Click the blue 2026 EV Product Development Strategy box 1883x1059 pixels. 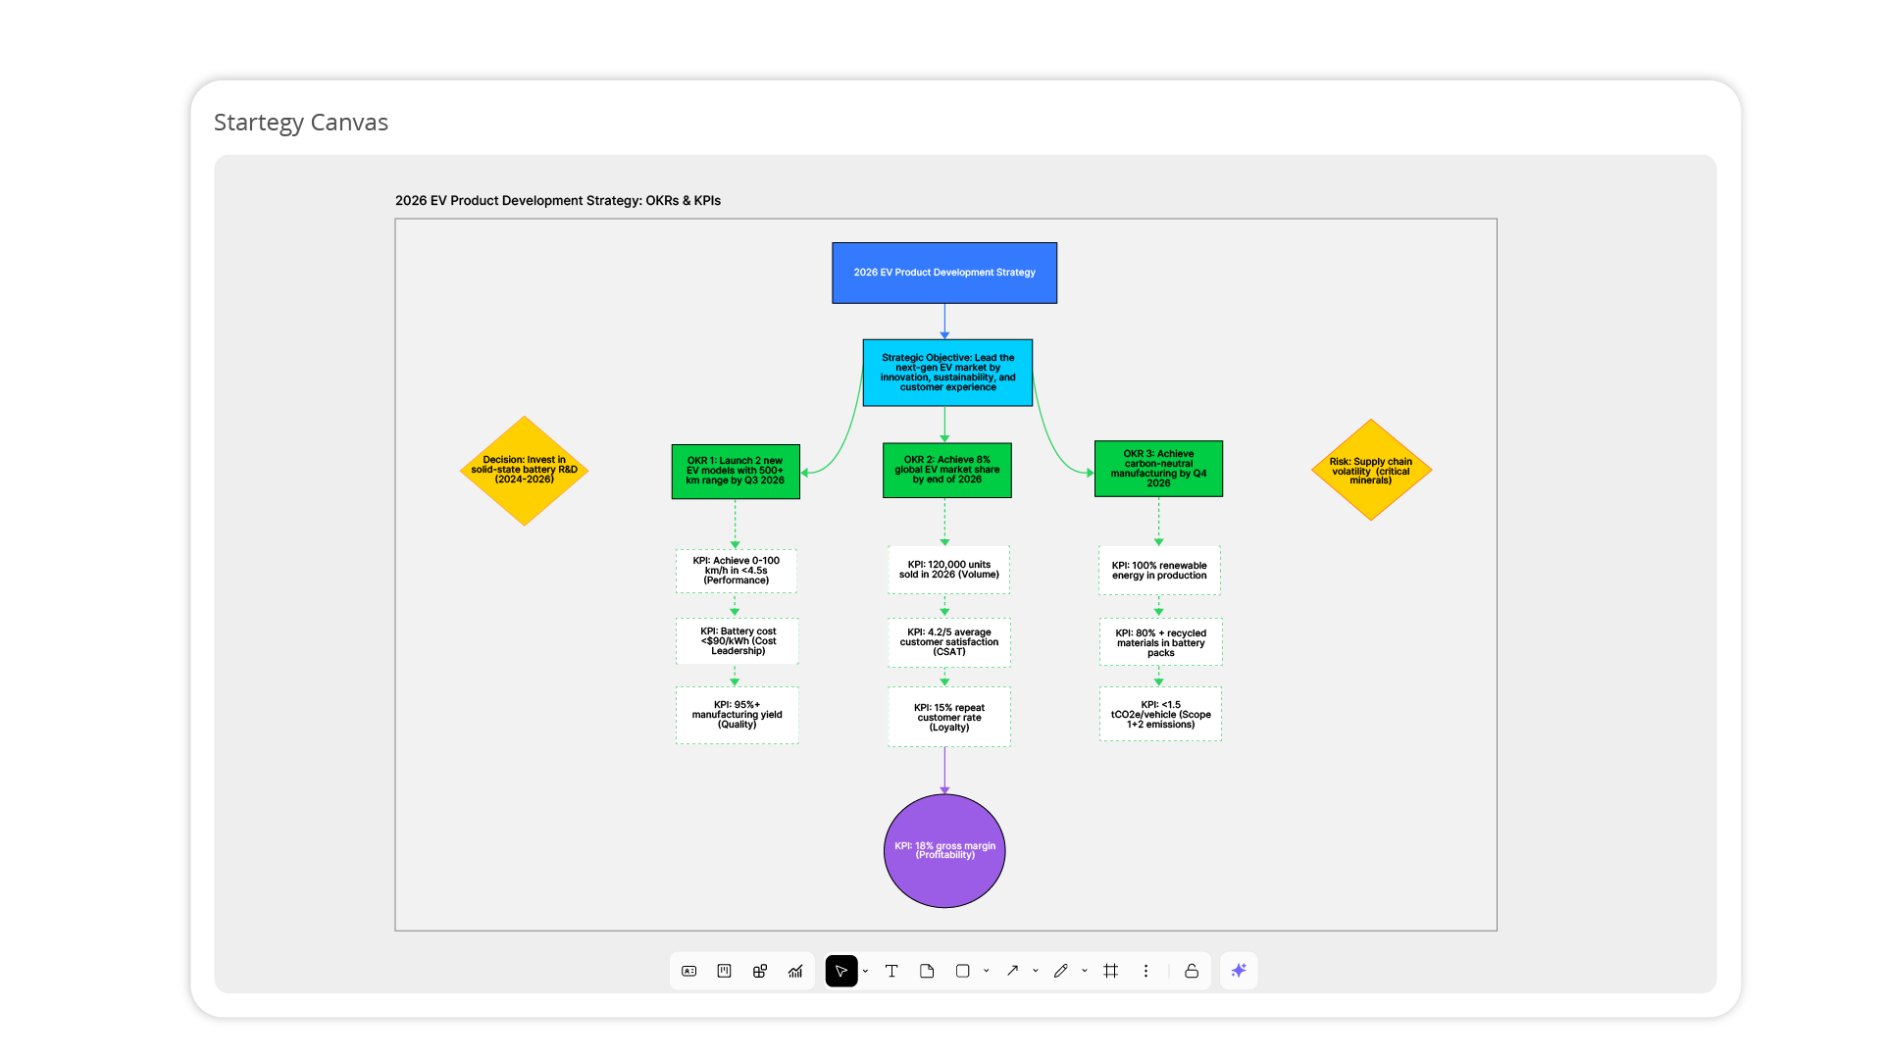(x=943, y=273)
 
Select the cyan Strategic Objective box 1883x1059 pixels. (x=947, y=373)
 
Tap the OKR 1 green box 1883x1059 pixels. (x=736, y=471)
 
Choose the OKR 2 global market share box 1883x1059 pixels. (x=946, y=470)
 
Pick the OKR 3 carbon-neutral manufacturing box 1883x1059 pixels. (x=1158, y=469)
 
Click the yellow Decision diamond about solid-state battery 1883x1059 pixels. (x=525, y=471)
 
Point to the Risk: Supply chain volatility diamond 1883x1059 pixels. (x=1371, y=471)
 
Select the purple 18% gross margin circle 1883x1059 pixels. (x=944, y=850)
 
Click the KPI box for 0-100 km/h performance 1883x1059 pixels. (x=736, y=571)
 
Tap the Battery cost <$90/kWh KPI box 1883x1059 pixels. (x=737, y=641)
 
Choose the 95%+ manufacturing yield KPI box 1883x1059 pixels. (x=737, y=715)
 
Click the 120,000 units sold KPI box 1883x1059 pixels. (x=948, y=570)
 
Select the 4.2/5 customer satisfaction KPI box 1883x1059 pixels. (x=948, y=642)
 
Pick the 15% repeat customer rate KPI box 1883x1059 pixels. (x=948, y=718)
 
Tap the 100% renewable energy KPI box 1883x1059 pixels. (x=1159, y=571)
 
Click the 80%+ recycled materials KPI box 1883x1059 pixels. (x=1160, y=642)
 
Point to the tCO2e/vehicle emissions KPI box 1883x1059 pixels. (x=1160, y=714)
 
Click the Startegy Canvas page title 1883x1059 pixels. (x=301, y=123)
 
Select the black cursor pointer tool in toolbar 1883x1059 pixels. (x=840, y=971)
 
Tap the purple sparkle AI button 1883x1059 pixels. (x=1239, y=971)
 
